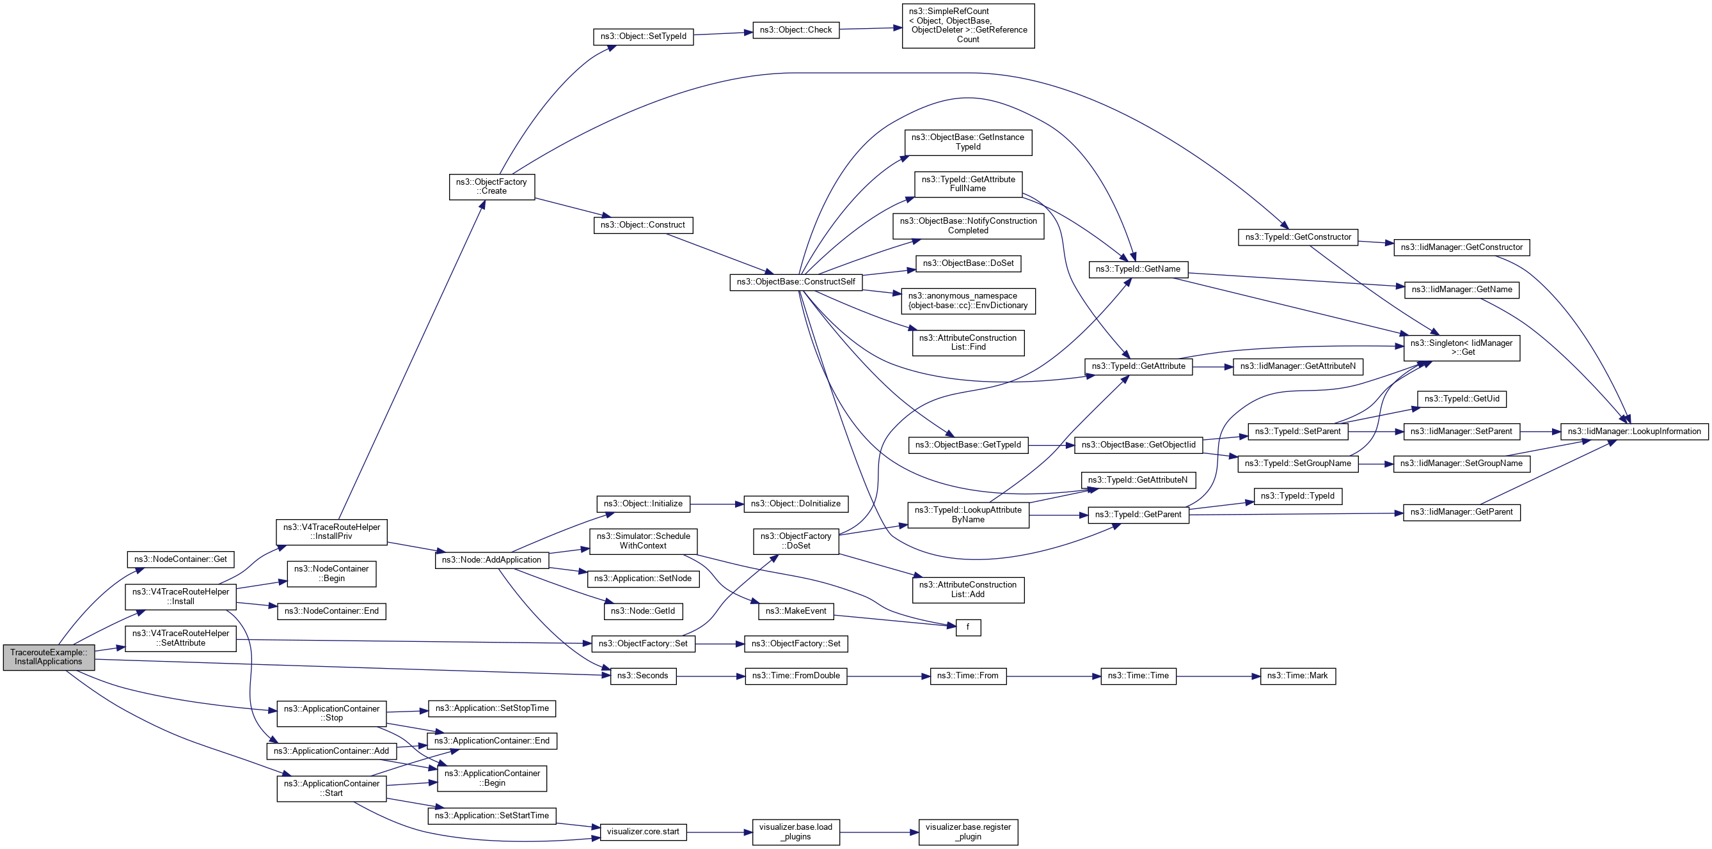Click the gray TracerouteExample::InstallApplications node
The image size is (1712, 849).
pyautogui.click(x=49, y=657)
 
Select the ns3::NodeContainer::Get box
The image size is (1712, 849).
pyautogui.click(x=180, y=559)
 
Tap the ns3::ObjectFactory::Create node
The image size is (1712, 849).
pyautogui.click(x=491, y=187)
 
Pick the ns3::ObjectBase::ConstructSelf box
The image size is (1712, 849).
pyautogui.click(x=795, y=282)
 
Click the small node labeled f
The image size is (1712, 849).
pyautogui.click(x=968, y=627)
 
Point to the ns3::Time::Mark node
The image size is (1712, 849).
pyautogui.click(x=1297, y=676)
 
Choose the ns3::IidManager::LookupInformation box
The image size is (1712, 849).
pyautogui.click(x=1633, y=432)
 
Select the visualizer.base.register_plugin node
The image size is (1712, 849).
pyautogui.click(x=968, y=832)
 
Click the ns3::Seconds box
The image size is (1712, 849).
pyautogui.click(x=643, y=676)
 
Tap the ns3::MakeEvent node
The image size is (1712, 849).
pyautogui.click(x=795, y=611)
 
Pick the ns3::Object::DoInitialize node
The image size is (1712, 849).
pyautogui.click(x=795, y=504)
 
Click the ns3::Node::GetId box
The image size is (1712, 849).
pyautogui.click(x=643, y=611)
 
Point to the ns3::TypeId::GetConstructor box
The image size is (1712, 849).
pyautogui.click(x=1298, y=237)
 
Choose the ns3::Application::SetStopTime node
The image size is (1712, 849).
pyautogui.click(x=492, y=708)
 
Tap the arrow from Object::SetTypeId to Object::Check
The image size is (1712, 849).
pyautogui.click(x=723, y=33)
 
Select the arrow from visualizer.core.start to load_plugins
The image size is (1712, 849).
pyautogui.click(x=719, y=832)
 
